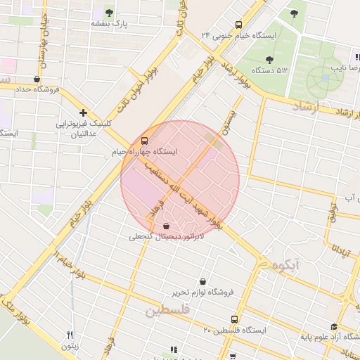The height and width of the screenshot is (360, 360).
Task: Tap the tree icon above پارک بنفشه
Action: (x=109, y=12)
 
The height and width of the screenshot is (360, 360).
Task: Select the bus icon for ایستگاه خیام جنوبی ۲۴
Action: (x=239, y=24)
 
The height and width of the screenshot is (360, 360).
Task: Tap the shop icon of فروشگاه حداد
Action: (x=37, y=79)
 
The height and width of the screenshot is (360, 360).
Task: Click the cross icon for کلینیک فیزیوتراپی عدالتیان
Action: (x=84, y=112)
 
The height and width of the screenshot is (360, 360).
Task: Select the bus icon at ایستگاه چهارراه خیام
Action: (x=145, y=141)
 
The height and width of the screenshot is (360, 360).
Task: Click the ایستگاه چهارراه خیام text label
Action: (x=144, y=151)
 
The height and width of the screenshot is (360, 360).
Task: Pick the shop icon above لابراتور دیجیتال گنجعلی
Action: (x=166, y=226)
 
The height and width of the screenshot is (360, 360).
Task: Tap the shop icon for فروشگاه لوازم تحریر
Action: (x=203, y=281)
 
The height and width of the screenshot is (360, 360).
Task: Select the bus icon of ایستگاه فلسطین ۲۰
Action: (x=235, y=319)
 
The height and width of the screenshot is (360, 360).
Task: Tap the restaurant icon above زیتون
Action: (x=70, y=335)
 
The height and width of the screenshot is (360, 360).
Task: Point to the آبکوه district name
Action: (x=284, y=265)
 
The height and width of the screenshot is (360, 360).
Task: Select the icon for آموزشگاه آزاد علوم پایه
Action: (x=333, y=327)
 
